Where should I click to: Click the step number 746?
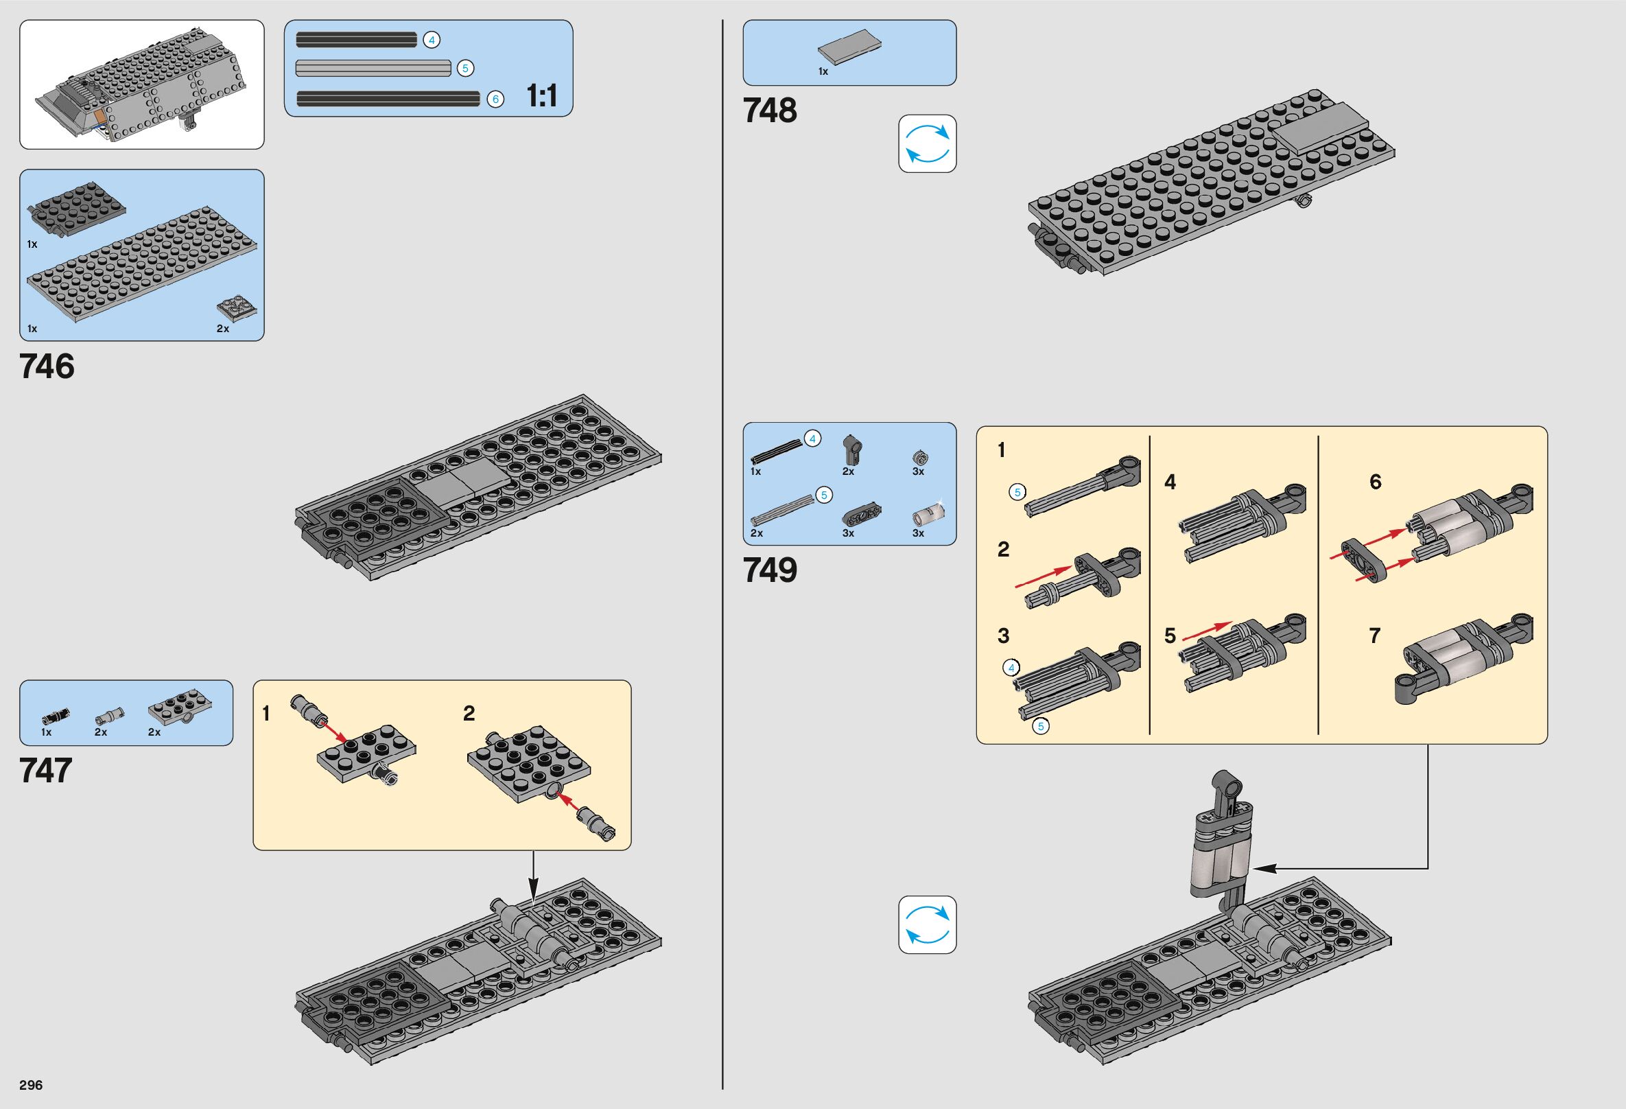pos(47,366)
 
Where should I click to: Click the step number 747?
pos(46,771)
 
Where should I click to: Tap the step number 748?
pos(770,110)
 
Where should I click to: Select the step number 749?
pos(770,570)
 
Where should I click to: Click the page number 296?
pos(31,1084)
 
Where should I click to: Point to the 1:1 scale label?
pos(541,96)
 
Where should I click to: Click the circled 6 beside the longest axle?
pos(495,100)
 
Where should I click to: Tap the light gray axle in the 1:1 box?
pos(373,68)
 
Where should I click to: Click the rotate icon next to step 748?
pos(927,143)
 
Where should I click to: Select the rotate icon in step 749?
pos(927,924)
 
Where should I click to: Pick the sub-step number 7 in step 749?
pos(1375,635)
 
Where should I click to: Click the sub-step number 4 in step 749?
pos(1170,482)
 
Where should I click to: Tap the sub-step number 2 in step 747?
pos(469,713)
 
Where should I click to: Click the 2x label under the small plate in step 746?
pos(222,328)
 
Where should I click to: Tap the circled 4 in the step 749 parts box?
pos(812,439)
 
